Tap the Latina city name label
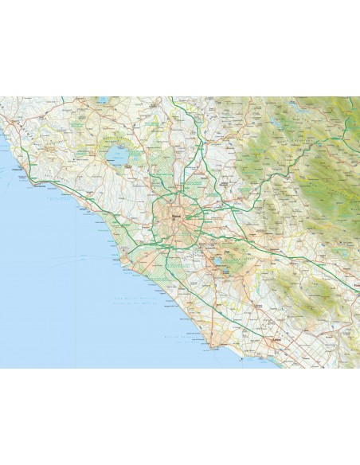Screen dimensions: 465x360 [x=278, y=338]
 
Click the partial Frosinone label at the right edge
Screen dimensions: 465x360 [x=356, y=283]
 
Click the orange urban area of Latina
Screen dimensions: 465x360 [x=276, y=343]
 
